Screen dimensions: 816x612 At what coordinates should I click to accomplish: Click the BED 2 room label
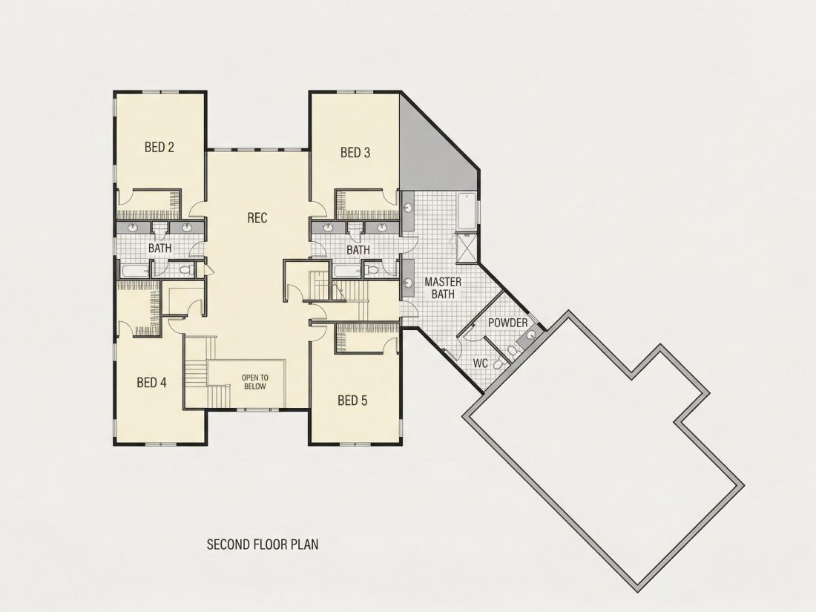click(159, 148)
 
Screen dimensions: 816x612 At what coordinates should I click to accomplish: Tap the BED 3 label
click(355, 153)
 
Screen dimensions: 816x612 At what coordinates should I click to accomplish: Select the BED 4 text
click(151, 383)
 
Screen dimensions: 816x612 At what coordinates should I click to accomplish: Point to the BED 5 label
click(352, 400)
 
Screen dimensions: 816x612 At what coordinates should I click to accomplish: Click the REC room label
click(257, 217)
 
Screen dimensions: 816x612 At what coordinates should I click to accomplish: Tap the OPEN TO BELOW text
click(255, 382)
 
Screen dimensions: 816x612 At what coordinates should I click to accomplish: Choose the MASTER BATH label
click(443, 288)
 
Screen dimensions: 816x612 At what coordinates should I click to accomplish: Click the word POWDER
click(508, 323)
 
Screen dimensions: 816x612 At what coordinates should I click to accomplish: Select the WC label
click(481, 363)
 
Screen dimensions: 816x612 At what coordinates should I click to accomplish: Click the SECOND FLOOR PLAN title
click(263, 544)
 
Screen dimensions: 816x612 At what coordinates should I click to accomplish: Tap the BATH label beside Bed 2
click(159, 249)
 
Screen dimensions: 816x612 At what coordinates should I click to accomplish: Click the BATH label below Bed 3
click(358, 250)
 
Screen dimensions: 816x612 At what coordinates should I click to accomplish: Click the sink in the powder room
click(529, 336)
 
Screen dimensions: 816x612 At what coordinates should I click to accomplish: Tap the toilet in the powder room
click(513, 353)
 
